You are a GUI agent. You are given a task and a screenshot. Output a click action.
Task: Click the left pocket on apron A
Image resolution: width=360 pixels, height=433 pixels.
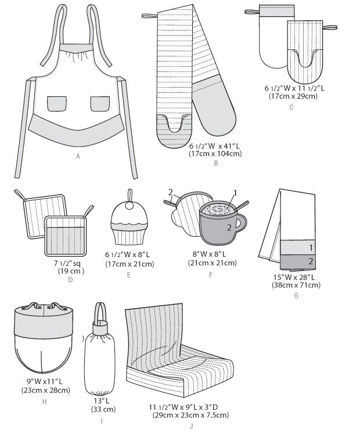57,103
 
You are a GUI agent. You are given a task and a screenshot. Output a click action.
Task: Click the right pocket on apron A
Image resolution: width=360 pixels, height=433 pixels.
100,103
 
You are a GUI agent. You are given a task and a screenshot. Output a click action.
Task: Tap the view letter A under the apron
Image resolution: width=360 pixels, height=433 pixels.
78,156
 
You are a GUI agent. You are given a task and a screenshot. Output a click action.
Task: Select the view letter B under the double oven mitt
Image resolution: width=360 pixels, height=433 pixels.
216,163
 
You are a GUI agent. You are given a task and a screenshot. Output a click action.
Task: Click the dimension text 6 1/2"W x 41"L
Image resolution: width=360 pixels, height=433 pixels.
215,146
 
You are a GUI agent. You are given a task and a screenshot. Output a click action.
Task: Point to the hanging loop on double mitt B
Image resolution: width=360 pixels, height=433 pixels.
149,16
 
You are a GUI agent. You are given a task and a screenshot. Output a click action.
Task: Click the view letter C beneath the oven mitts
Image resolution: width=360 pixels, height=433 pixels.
291,107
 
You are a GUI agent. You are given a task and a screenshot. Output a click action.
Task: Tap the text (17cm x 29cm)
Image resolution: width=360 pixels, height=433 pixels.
293,96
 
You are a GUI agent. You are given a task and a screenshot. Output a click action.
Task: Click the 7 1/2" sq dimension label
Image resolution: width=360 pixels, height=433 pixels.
67,263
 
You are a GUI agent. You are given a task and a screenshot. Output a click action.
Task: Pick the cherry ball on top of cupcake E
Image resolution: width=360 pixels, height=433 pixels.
129,205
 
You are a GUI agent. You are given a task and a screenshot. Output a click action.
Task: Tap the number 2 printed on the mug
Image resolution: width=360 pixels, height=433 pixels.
229,228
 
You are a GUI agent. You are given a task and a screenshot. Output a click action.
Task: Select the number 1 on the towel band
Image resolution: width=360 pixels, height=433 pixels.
311,248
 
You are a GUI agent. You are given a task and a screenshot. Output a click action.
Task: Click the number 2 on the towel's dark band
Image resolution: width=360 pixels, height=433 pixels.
311,261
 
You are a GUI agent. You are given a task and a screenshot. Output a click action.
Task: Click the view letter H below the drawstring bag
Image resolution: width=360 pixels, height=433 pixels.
45,402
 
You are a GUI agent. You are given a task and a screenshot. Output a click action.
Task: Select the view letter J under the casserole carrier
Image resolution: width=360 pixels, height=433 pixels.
191,426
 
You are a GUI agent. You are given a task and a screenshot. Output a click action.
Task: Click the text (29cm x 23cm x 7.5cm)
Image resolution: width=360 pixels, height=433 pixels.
190,415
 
